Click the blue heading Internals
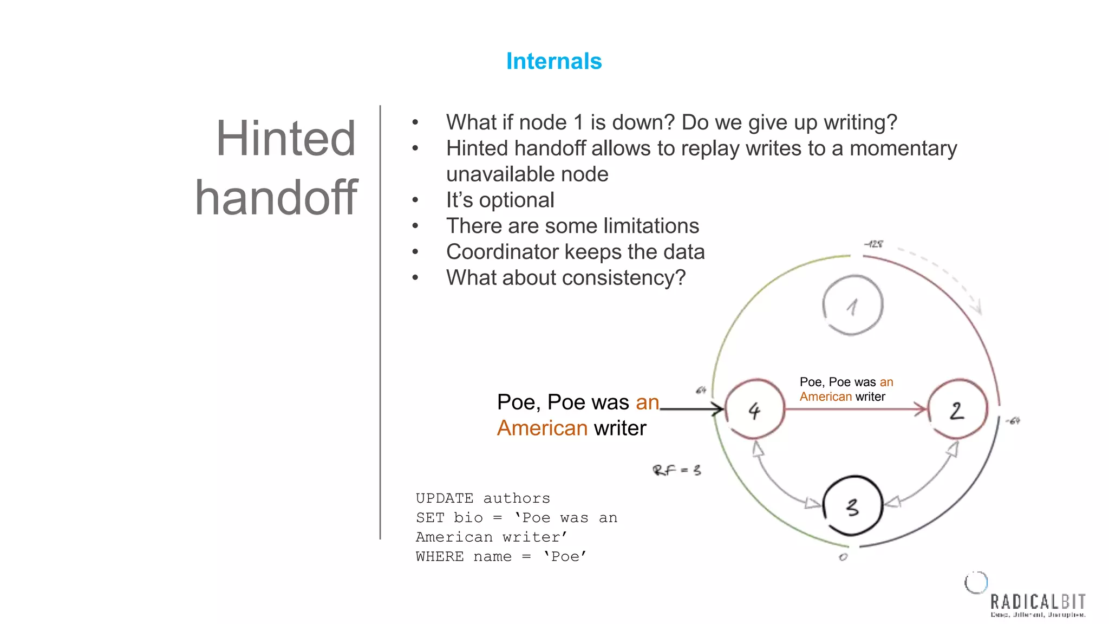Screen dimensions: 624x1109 (553, 61)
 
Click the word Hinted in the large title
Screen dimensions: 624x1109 (285, 139)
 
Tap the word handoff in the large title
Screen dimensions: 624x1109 (276, 198)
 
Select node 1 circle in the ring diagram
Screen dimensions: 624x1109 (852, 305)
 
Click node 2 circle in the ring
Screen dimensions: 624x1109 (957, 409)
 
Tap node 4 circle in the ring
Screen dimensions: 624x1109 (754, 409)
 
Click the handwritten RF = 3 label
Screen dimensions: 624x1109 (676, 470)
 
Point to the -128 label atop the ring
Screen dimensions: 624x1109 (873, 244)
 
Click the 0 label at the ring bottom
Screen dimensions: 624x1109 (843, 557)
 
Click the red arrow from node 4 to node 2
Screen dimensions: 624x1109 (856, 409)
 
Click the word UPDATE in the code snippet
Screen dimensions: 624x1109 (444, 498)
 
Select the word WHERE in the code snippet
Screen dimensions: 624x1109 (439, 557)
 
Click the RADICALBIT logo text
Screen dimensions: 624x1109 (1038, 602)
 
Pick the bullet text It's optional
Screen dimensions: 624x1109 (500, 200)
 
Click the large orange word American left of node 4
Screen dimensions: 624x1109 (542, 428)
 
